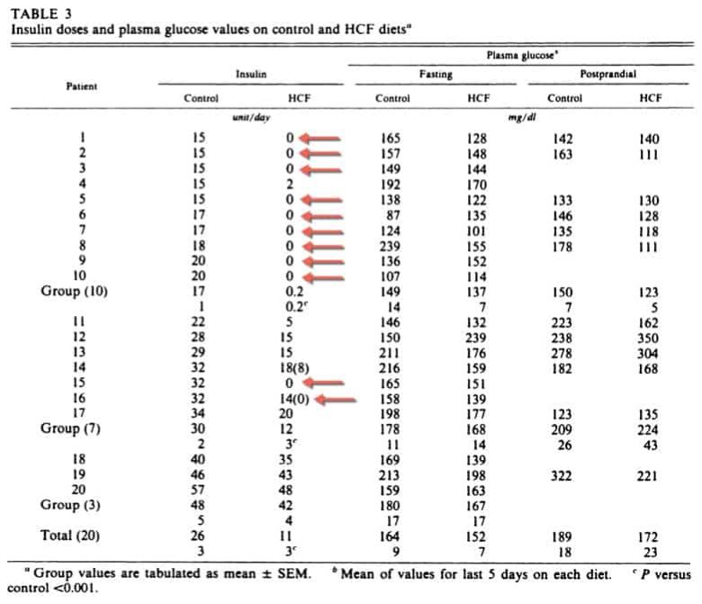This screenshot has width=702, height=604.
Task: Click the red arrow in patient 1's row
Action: click(320, 139)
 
